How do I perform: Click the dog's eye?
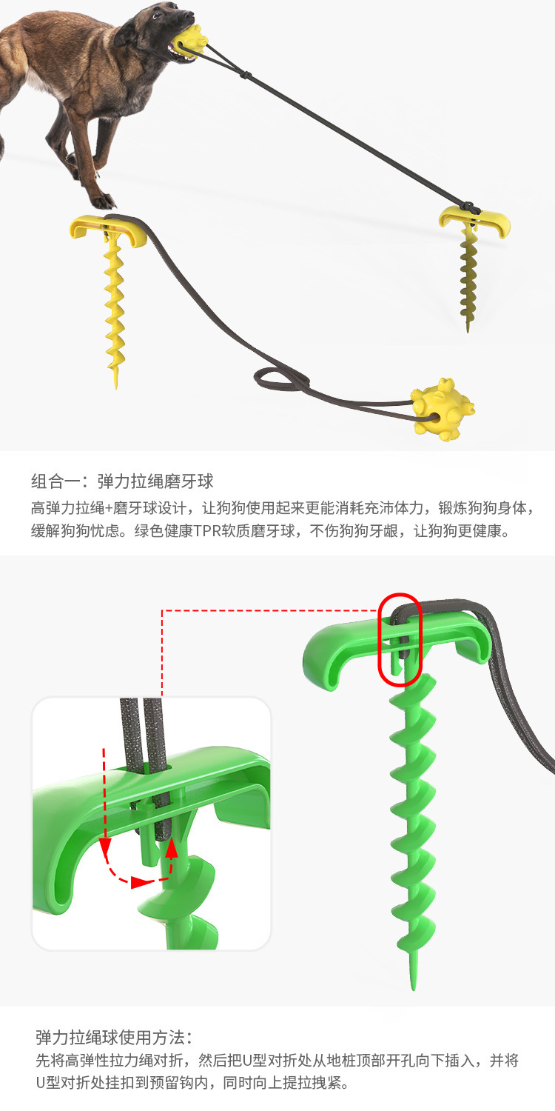157,15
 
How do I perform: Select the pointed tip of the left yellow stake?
116,386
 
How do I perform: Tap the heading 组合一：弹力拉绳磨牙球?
122,481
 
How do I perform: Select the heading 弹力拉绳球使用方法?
114,1038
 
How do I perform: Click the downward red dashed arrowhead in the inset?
104,844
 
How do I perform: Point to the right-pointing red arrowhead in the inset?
141,882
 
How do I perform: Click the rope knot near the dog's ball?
245,76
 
